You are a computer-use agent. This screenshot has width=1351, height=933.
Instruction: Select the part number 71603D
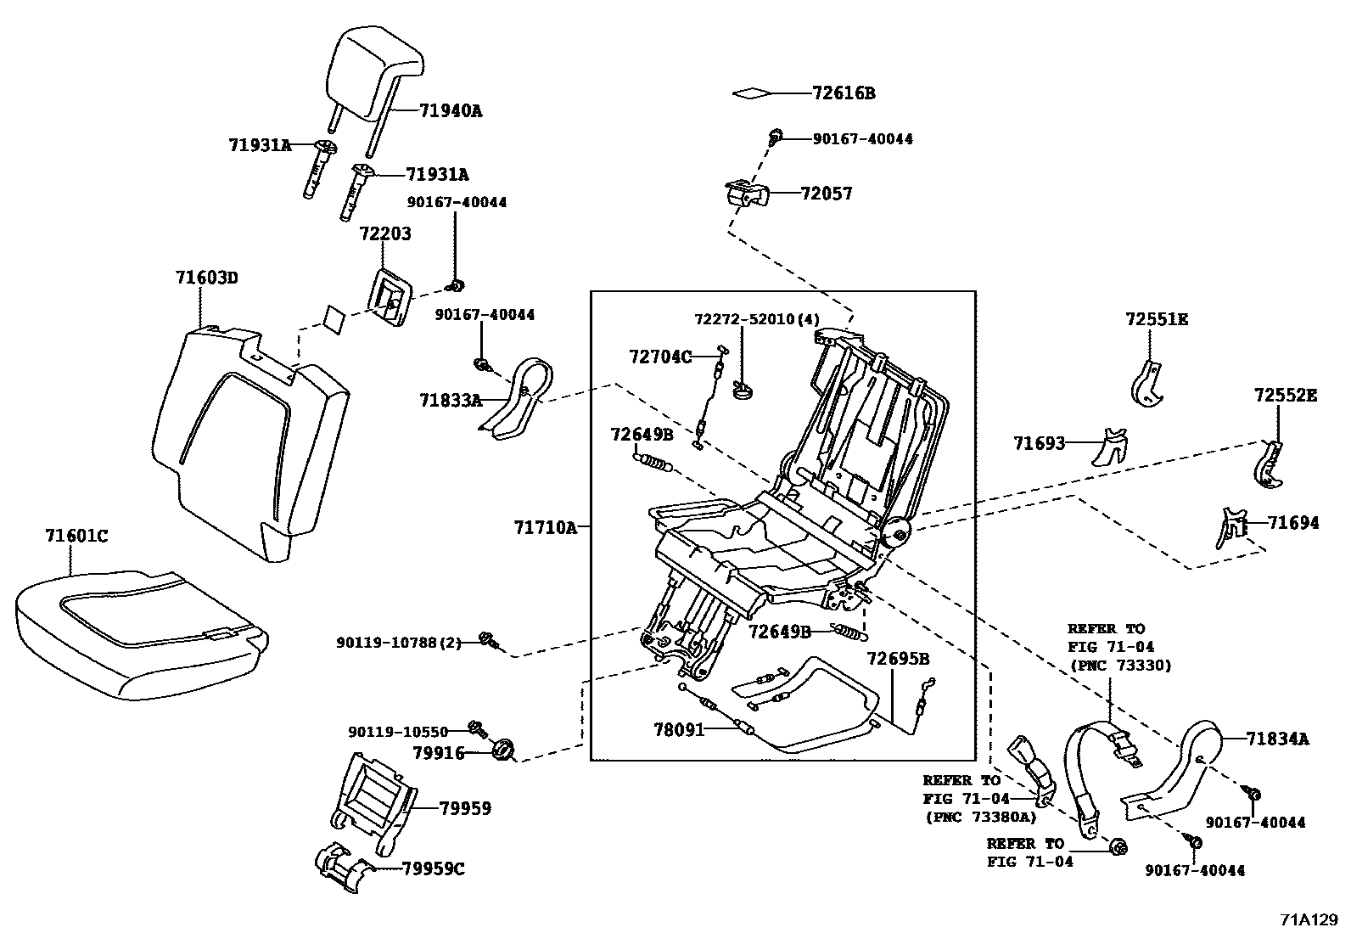pyautogui.click(x=206, y=278)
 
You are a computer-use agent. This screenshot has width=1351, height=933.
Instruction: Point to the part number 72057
pyautogui.click(x=826, y=194)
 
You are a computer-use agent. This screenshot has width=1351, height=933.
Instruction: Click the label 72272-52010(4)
pyautogui.click(x=757, y=319)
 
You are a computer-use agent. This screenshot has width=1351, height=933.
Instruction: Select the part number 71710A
pyautogui.click(x=544, y=528)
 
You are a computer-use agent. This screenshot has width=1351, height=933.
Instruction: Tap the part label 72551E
pyautogui.click(x=1156, y=319)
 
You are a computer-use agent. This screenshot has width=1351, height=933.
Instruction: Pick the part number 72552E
pyautogui.click(x=1286, y=395)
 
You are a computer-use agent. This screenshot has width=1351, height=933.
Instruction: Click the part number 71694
pyautogui.click(x=1293, y=523)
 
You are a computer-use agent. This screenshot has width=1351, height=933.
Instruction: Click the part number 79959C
pyautogui.click(x=433, y=868)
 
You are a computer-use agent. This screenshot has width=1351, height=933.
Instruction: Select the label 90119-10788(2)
pyautogui.click(x=398, y=643)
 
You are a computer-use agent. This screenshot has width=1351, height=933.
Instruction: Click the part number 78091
pyautogui.click(x=679, y=728)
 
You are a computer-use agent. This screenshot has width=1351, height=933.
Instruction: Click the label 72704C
pyautogui.click(x=660, y=357)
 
